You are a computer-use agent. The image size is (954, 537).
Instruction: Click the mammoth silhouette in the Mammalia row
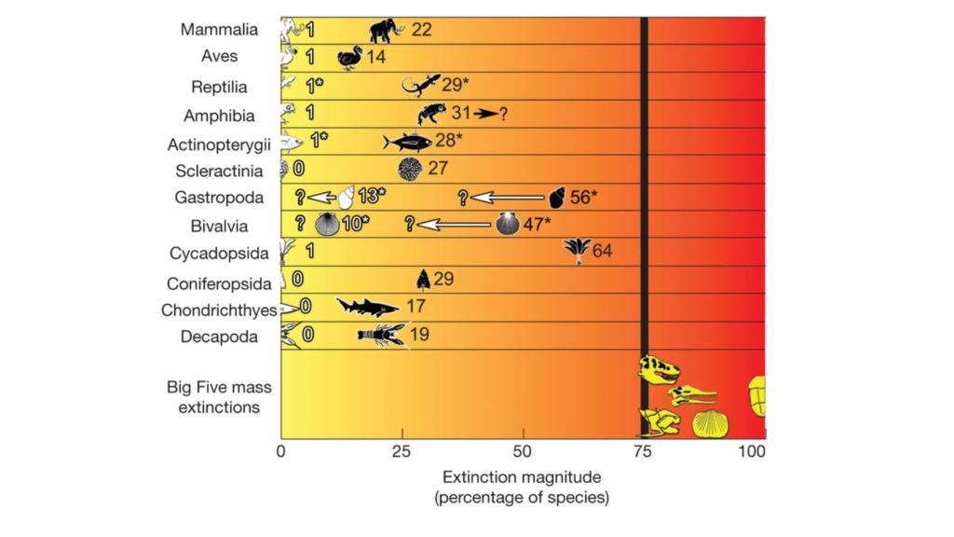click(386, 31)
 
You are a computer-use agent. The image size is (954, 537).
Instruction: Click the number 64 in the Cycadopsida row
click(601, 251)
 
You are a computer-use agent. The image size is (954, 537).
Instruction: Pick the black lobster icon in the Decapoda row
click(382, 335)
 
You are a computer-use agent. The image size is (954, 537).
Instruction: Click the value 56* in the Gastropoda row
click(584, 197)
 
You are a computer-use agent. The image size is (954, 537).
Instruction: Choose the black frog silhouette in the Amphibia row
click(431, 114)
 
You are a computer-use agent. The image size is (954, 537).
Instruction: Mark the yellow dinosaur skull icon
click(660, 370)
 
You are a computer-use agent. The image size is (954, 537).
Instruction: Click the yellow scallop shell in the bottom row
click(710, 422)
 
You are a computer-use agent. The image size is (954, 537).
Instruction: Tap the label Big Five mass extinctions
click(213, 396)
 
